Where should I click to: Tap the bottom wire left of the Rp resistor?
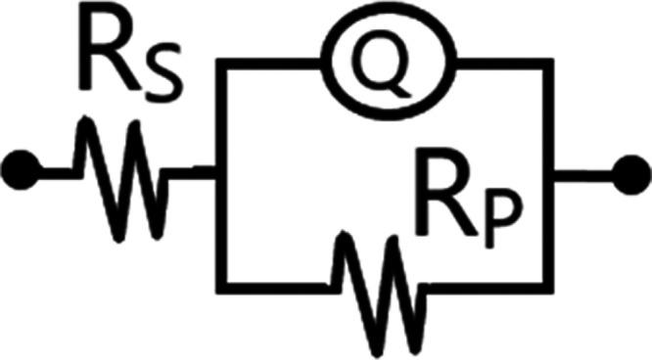[274, 285]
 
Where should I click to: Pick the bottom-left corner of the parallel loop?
[222, 285]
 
